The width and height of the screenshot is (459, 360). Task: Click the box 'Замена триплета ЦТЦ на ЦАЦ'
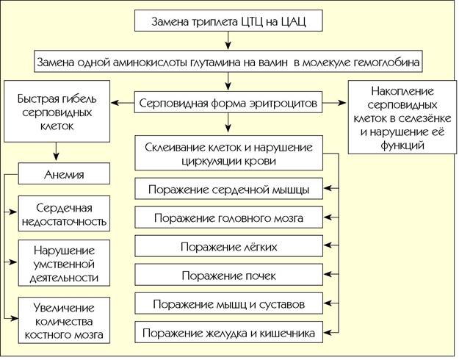point(228,21)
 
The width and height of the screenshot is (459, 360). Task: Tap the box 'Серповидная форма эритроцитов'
point(228,102)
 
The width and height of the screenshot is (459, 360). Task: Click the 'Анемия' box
point(64,173)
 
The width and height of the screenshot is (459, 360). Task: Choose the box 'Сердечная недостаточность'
point(64,214)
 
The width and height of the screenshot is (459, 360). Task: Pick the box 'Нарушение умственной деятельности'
point(64,263)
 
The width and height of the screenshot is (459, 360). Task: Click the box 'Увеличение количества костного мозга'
point(64,320)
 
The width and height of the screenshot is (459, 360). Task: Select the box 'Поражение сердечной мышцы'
point(228,189)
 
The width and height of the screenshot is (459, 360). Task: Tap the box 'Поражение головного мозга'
point(228,217)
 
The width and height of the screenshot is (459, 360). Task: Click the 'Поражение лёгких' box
point(228,246)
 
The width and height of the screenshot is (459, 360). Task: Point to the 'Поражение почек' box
point(228,275)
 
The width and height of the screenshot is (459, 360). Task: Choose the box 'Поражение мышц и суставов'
point(228,303)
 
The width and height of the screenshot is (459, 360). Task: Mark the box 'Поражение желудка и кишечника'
point(228,332)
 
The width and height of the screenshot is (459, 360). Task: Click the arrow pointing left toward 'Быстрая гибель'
point(123,103)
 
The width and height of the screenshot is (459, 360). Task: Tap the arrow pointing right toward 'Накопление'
point(334,103)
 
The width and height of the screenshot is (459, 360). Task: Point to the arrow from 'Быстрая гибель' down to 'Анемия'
point(57,151)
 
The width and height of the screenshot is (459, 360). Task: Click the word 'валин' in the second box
point(273,62)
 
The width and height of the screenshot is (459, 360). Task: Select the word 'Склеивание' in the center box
point(175,148)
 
